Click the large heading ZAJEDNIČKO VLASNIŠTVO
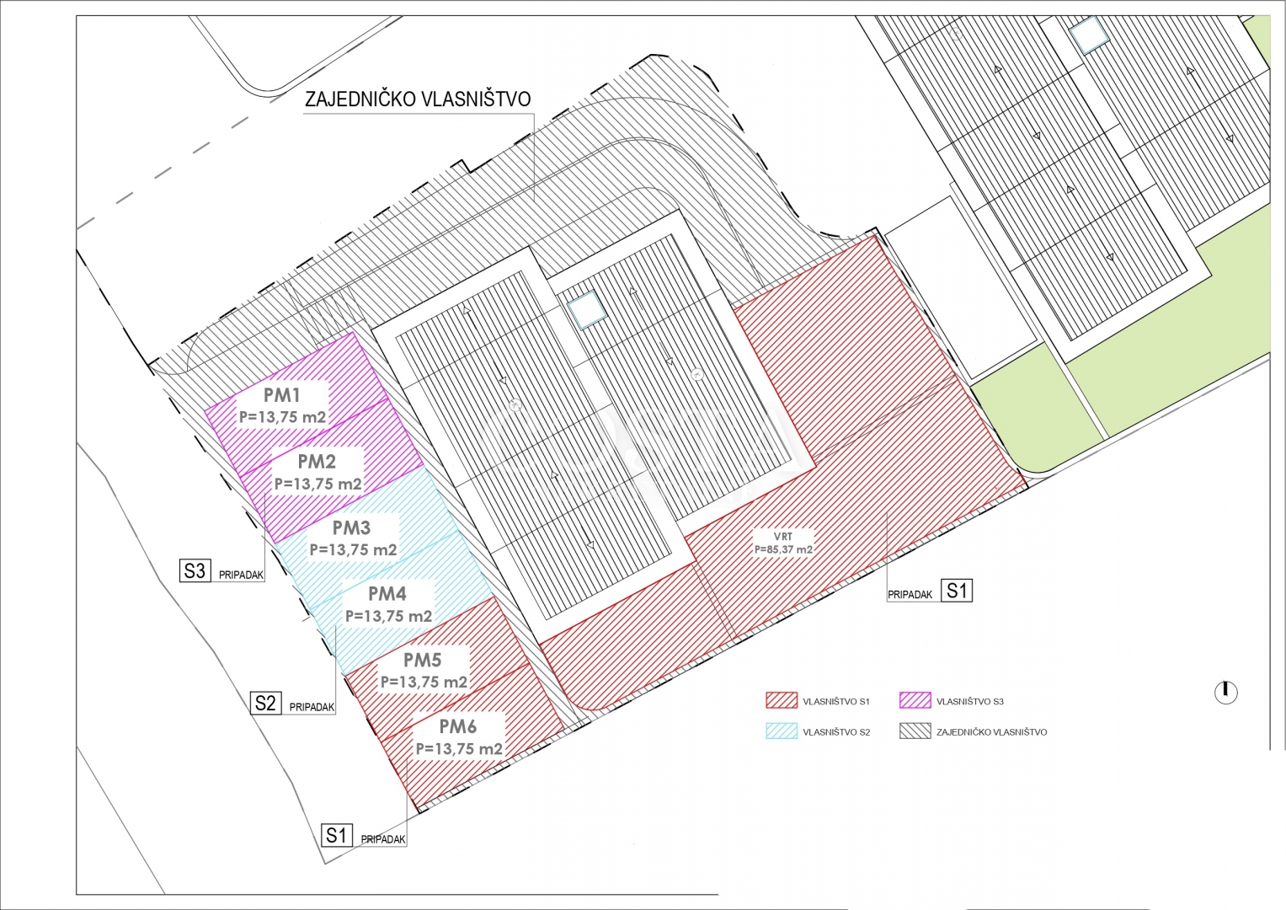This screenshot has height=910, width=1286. (418, 99)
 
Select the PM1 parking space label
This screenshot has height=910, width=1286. (282, 395)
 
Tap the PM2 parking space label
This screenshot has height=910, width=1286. (317, 462)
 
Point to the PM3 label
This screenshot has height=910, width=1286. (351, 527)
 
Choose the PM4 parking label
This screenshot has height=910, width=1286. (387, 593)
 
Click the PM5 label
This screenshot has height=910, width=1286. (423, 660)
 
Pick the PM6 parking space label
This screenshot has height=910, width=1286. (457, 726)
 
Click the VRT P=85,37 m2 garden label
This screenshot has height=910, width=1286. (783, 543)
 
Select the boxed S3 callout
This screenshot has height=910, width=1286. (195, 570)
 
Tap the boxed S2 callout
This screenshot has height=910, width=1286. (266, 703)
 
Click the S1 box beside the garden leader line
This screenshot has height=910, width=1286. (957, 590)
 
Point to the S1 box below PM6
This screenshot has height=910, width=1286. (336, 835)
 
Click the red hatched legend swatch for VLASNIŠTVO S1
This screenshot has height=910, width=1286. (782, 699)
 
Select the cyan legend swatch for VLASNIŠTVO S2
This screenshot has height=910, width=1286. (782, 731)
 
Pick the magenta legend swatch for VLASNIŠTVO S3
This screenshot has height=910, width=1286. (915, 699)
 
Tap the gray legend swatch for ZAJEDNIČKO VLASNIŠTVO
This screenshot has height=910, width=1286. (915, 731)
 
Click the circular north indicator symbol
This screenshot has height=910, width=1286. (1225, 693)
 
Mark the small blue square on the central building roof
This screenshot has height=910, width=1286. (587, 309)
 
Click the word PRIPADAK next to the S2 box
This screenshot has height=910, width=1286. (312, 707)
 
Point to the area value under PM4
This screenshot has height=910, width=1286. (388, 617)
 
